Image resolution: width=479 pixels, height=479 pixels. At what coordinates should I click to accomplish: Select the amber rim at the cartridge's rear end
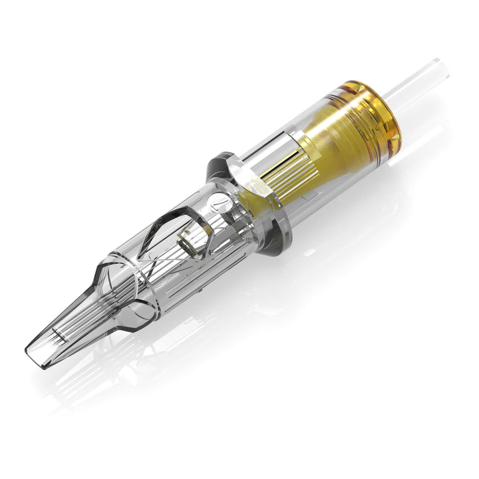[x=383, y=110]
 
